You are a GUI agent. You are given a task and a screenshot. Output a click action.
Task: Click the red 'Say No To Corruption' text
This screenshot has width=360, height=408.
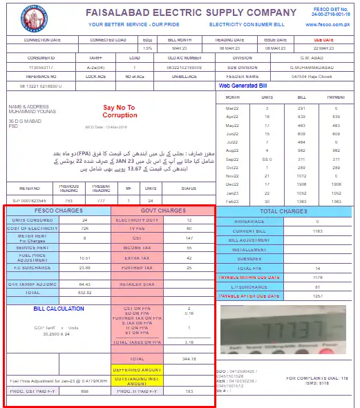pos(120,111)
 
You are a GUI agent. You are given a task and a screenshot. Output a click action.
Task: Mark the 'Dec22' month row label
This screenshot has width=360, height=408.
pos(232,184)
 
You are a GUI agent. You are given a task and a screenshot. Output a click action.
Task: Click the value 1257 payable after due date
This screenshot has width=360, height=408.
pos(317,295)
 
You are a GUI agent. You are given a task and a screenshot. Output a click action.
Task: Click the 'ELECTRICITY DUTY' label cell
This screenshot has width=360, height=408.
pos(138,220)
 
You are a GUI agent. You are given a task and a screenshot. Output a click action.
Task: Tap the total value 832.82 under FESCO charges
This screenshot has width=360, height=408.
pos(85,292)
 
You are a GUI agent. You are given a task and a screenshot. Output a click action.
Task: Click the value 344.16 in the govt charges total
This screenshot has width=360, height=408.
pos(189,359)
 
